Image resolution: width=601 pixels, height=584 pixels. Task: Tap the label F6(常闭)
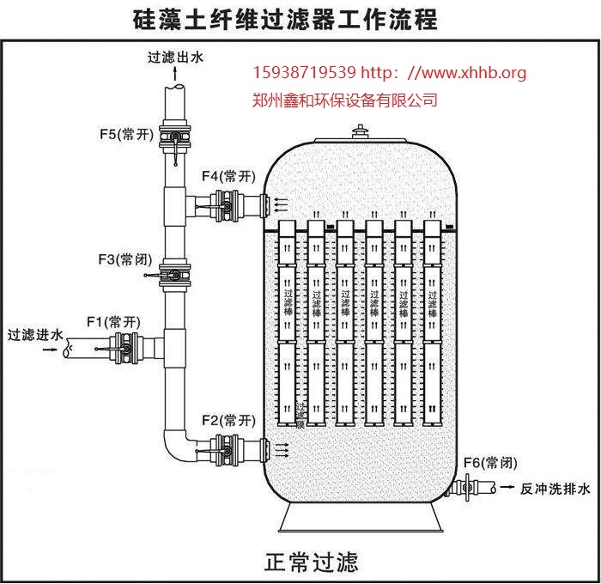pos(489,463)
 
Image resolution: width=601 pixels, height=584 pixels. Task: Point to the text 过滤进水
pos(34,333)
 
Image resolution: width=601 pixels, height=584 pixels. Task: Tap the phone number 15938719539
pos(304,73)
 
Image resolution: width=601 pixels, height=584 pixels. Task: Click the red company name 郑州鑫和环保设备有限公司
pos(346,100)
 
